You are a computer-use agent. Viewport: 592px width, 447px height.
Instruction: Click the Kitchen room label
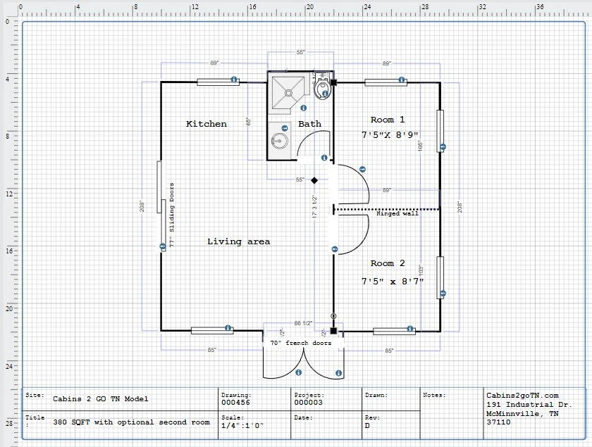(x=206, y=124)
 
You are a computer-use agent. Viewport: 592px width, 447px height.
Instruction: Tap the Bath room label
(x=309, y=124)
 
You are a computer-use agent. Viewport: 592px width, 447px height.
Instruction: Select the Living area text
(x=238, y=241)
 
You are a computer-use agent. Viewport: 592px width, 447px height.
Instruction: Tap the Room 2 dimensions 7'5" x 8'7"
(x=393, y=281)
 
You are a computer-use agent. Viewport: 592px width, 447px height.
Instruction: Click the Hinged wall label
(x=397, y=214)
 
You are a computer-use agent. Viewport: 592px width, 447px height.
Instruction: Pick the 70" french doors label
(x=300, y=344)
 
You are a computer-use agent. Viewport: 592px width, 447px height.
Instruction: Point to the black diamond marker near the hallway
(x=316, y=180)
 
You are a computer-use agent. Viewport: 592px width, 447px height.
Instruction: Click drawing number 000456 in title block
(x=236, y=403)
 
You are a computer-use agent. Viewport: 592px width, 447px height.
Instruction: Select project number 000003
(x=308, y=403)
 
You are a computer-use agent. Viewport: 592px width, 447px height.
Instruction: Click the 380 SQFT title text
(x=131, y=422)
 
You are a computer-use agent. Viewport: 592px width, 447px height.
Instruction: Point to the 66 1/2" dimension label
(x=303, y=323)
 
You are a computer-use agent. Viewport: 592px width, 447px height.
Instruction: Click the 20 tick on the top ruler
(x=309, y=6)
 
